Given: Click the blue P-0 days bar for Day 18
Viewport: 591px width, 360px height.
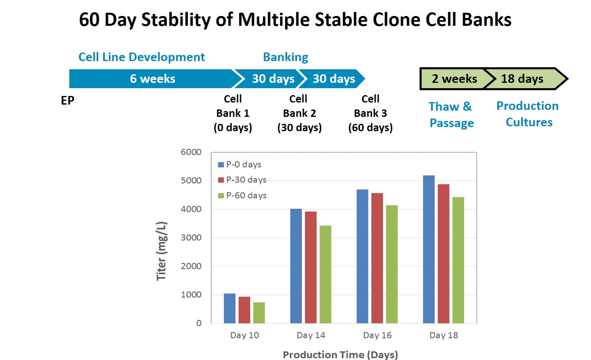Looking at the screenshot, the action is (429, 249).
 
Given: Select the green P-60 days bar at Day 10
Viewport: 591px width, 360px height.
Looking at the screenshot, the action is (259, 313).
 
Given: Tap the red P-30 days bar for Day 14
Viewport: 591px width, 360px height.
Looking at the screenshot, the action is (311, 267).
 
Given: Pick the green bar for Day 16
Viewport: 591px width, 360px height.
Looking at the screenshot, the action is (392, 264).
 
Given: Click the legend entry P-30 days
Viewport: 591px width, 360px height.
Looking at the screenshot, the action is (242, 180).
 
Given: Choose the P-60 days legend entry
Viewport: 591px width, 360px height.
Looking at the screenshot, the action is (242, 196).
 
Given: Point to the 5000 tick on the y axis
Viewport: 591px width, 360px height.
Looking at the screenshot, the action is (191, 181).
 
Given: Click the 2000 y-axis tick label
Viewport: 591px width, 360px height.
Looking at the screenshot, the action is (191, 266).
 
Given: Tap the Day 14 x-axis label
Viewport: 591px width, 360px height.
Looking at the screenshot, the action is (311, 335).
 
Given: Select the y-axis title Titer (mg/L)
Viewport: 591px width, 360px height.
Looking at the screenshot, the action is (162, 251).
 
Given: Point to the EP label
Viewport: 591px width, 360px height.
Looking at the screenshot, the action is (68, 100).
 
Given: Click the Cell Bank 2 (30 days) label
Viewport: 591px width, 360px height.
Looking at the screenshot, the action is (299, 114).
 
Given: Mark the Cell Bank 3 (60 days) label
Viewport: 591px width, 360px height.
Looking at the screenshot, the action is (370, 114).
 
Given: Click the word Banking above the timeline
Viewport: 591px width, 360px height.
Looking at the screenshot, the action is (285, 57).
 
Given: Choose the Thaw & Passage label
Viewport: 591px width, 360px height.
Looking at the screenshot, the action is (452, 115).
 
